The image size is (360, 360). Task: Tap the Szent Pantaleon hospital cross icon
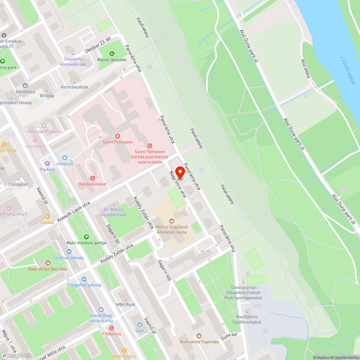pyautogui.click(x=117, y=136)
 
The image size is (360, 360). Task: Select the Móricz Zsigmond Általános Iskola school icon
pyautogui.click(x=172, y=220)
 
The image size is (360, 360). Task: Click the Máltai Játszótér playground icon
pyautogui.click(x=112, y=53)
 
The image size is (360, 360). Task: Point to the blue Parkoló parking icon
pyautogui.click(x=47, y=163)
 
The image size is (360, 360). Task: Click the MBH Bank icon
pyautogui.click(x=125, y=299)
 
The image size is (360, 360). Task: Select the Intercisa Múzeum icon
pyautogui.click(x=44, y=126)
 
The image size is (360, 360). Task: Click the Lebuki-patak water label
pyautogui.click(x=347, y=71)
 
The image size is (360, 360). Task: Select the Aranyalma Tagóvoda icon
pyautogui.click(x=199, y=336)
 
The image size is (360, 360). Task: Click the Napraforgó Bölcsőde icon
pyautogui.click(x=48, y=262)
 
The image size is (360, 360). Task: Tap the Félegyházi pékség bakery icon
pyautogui.click(x=84, y=279)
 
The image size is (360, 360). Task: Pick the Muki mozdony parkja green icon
pyautogui.click(x=86, y=237)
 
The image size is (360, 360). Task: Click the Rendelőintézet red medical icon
pyautogui.click(x=93, y=178)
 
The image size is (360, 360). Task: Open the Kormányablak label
pyautogui.click(x=75, y=87)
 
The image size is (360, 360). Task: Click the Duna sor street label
pyautogui.click(x=229, y=335)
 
